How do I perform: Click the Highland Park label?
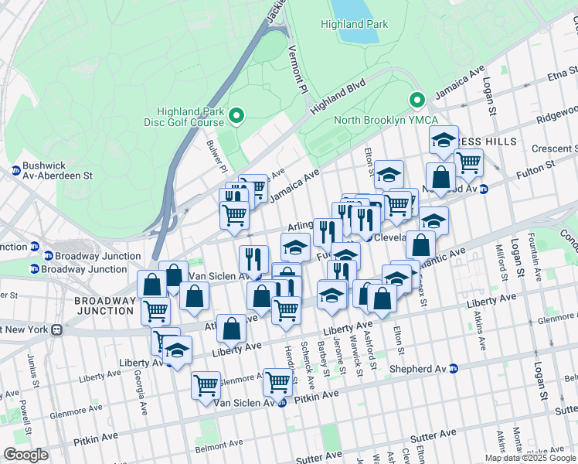354,24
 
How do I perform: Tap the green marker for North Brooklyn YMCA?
417,101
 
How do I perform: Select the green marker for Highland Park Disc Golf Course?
237,117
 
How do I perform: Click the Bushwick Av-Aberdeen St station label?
51,171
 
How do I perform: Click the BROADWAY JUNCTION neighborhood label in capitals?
104,305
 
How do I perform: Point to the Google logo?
25,455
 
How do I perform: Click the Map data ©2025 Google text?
529,458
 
